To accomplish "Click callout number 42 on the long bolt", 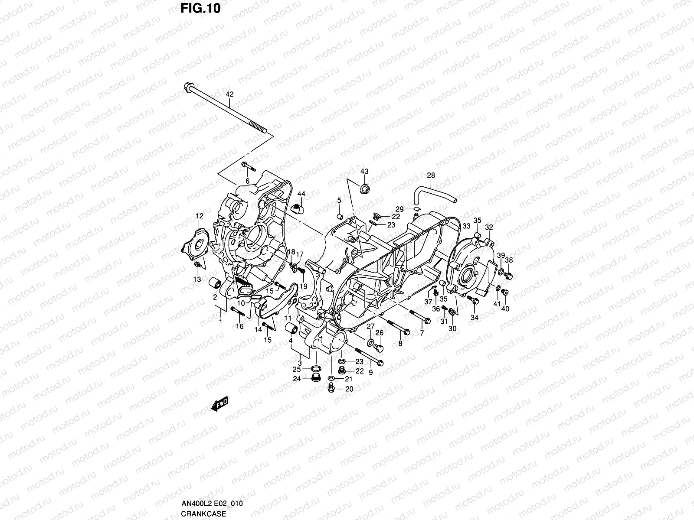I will (229, 94).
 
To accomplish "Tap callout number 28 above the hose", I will (430, 175).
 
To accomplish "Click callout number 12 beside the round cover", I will (199, 216).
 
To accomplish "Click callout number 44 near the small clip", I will (301, 193).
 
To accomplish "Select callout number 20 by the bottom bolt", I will (349, 389).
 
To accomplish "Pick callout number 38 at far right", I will (509, 260).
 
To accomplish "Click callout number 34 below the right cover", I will (475, 318).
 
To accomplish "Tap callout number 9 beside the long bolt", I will (371, 372).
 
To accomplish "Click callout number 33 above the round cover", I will (466, 226).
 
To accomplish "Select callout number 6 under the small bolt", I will (248, 181).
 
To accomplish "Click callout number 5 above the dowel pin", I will (339, 200).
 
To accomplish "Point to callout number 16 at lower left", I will (239, 326).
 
